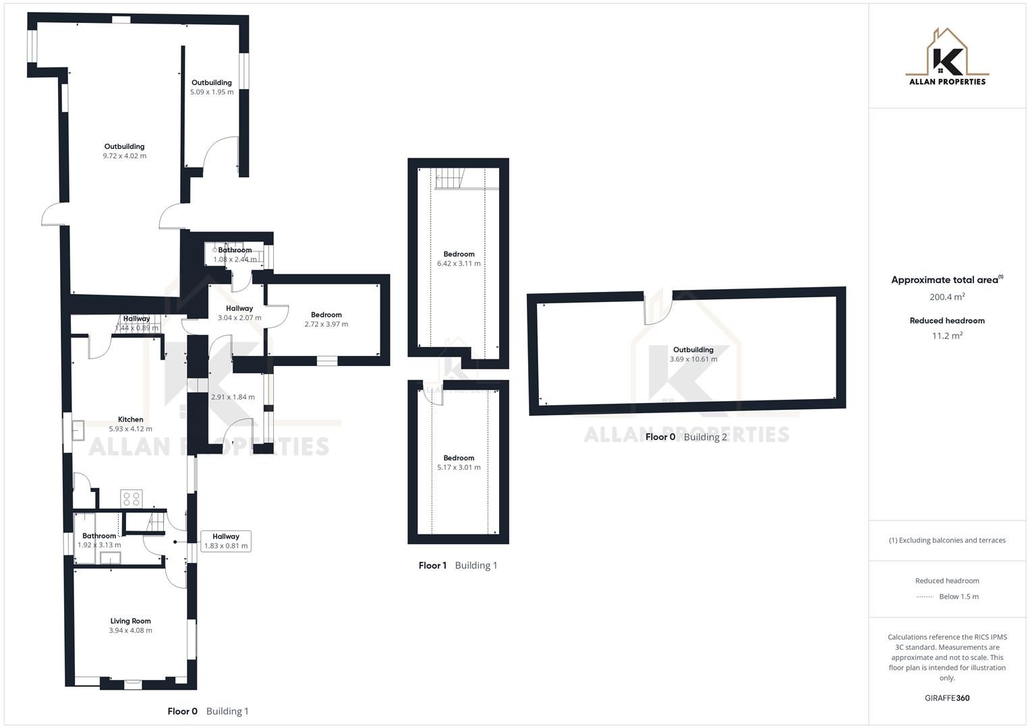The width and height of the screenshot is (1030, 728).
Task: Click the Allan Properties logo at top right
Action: tap(947, 57)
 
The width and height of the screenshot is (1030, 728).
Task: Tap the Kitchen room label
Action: tap(130, 419)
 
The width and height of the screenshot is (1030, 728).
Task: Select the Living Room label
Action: tap(130, 621)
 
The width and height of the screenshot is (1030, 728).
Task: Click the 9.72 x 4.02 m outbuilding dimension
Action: tap(124, 156)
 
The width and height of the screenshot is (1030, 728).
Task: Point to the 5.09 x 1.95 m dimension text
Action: tap(212, 92)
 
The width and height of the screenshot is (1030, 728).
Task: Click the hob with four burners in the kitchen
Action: tap(131, 499)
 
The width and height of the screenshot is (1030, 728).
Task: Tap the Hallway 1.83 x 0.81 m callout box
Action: tap(226, 541)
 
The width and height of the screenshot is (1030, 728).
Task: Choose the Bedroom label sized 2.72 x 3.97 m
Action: tap(326, 315)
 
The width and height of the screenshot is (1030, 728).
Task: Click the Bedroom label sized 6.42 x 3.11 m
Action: tap(459, 254)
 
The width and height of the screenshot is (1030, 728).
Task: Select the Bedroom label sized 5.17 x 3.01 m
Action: tap(459, 458)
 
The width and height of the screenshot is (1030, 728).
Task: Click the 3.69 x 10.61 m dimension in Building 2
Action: tap(693, 359)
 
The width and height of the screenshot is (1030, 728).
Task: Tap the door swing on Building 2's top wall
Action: tap(657, 309)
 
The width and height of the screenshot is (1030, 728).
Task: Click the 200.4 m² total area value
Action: tap(947, 297)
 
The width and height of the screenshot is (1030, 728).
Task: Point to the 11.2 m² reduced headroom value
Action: tap(947, 336)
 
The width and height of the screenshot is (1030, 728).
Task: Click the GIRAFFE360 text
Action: tap(947, 698)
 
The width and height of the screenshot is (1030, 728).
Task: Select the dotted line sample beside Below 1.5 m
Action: tap(925, 597)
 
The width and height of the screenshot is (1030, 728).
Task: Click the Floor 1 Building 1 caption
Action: tap(457, 566)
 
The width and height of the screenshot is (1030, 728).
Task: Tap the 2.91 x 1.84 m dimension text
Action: tap(233, 397)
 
